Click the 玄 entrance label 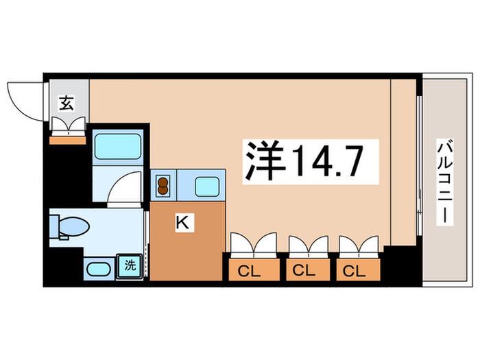point(67,103)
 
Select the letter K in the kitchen point(182,223)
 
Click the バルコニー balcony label point(444,182)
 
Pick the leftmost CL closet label point(249,272)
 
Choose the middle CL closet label point(304,270)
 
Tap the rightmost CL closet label point(355,271)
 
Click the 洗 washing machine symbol point(130,266)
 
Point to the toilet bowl point(73,226)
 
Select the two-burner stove point(163,186)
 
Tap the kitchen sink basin point(207,187)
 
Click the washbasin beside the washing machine point(99,269)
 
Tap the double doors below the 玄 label point(68,125)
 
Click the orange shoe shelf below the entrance point(68,141)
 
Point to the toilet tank point(54,226)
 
